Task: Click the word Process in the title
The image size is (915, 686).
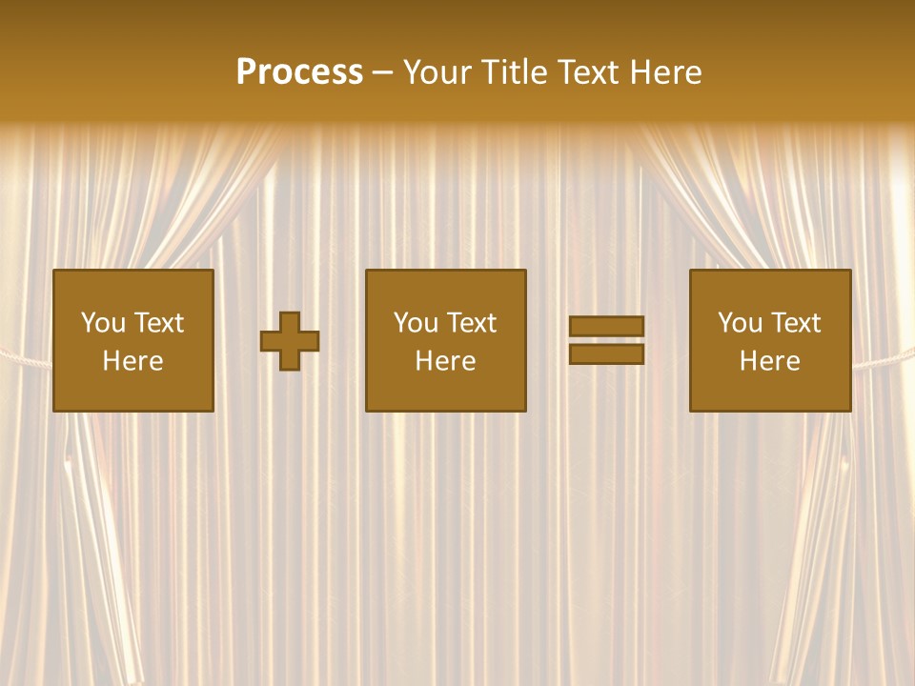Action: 299,72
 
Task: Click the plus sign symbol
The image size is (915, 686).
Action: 290,341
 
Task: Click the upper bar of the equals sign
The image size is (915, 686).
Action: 606,326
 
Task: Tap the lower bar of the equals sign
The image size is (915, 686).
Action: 606,354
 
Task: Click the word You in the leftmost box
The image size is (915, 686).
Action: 102,323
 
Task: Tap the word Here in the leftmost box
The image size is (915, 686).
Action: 132,361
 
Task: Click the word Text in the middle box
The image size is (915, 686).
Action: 471,323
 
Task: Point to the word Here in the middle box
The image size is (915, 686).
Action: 446,361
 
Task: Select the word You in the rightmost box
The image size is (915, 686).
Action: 740,323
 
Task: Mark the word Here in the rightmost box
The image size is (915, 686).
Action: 770,361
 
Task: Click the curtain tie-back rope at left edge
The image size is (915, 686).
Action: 24,358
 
